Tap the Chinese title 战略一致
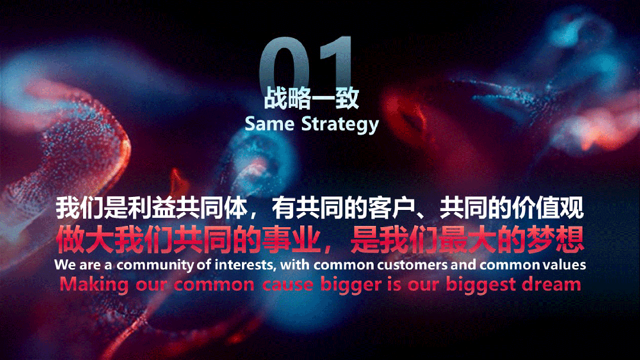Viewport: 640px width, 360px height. tap(311, 98)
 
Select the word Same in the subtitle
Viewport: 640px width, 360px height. tap(269, 124)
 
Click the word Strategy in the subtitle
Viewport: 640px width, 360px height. tap(340, 125)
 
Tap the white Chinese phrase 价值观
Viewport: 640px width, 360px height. tap(547, 208)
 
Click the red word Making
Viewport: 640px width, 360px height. tap(94, 285)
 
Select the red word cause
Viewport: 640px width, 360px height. tap(288, 285)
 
